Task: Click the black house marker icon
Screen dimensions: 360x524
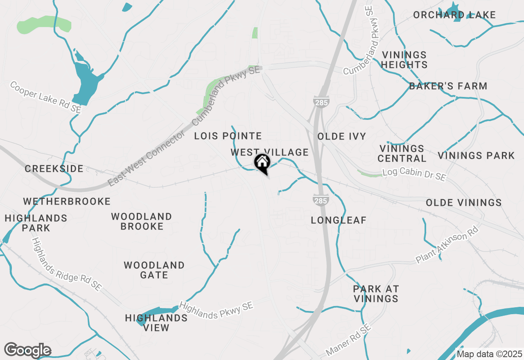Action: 262,162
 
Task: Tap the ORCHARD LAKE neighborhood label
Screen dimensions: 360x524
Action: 454,15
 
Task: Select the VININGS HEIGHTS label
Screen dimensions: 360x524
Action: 404,60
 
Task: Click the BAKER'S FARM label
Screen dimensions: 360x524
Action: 448,86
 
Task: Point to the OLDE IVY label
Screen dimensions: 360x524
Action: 342,136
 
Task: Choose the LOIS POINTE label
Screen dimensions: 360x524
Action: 228,136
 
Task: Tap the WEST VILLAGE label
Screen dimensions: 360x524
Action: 269,153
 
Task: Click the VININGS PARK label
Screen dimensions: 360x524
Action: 476,155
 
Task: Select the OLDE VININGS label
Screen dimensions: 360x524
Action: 463,202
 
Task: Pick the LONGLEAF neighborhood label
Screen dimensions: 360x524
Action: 339,220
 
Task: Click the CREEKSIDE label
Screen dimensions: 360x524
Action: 54,169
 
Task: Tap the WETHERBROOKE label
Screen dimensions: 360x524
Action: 67,201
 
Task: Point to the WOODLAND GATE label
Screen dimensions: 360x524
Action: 154,270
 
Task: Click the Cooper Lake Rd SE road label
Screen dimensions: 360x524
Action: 45,97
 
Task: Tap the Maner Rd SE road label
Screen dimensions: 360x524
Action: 348,339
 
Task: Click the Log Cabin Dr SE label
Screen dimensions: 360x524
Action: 414,175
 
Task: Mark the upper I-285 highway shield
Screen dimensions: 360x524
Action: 321,102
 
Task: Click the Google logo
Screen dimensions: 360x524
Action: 27,351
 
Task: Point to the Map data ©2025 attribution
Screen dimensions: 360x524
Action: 489,354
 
